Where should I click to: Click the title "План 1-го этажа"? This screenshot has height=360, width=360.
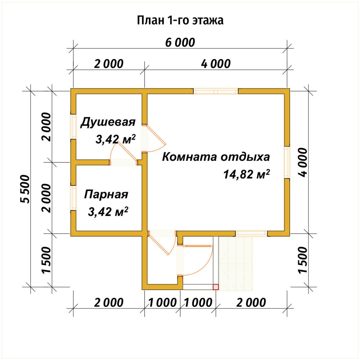180,20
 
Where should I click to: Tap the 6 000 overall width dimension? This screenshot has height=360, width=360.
180,42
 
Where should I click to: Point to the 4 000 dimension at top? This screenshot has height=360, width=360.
216,64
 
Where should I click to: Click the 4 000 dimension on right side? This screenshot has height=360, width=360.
303,162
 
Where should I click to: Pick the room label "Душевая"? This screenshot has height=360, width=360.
108,122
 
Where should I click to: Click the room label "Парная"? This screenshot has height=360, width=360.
106,194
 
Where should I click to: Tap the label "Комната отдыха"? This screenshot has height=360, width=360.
216,157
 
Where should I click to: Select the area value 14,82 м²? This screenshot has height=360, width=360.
246,174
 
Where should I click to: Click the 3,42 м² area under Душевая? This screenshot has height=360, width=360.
115,139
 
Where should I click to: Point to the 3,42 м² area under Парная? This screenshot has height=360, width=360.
108,212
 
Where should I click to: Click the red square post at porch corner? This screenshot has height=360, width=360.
216,287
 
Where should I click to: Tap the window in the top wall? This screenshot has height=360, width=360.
216,91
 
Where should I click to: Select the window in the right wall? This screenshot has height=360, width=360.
287,162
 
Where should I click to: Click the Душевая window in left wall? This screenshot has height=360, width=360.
73,127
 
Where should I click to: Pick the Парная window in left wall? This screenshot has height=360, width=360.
73,198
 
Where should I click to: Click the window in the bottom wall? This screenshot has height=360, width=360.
251,233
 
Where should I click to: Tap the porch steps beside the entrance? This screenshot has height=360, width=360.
236,264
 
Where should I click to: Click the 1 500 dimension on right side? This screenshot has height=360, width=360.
303,260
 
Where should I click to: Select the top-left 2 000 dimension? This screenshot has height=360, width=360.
109,64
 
